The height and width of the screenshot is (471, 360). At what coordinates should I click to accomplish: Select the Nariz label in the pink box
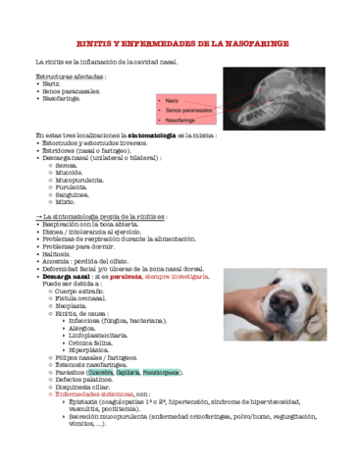172,100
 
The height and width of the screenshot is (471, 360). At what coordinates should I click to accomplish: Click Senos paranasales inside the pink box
187,110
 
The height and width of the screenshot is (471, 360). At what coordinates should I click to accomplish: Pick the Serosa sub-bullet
68,166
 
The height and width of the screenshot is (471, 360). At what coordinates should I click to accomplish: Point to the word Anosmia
56,261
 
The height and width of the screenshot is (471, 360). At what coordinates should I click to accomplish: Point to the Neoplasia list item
71,305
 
